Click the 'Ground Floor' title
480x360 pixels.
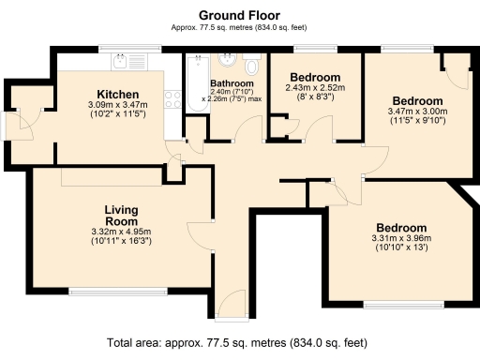(239, 16)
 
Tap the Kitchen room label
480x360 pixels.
(118, 95)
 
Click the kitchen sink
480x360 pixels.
(125, 63)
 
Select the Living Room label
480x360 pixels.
(121, 216)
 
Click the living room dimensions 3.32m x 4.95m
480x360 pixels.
(121, 232)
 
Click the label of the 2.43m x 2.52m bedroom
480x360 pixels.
(312, 77)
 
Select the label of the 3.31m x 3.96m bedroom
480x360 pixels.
(401, 228)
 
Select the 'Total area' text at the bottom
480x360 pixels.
(239, 342)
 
